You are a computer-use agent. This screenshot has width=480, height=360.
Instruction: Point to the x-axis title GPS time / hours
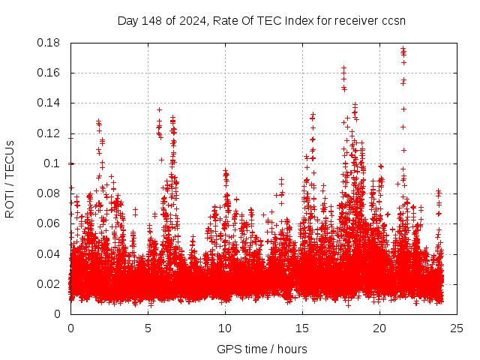coord(262,349)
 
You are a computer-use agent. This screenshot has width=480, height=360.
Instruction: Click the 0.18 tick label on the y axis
coord(49,43)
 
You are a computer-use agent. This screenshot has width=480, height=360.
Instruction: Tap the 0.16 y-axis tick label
coord(49,73)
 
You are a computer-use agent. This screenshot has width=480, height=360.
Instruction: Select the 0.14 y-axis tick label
coord(49,103)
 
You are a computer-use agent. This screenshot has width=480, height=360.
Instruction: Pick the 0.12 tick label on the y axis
coord(49,133)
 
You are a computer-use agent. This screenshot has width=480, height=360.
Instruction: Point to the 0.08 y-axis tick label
coord(49,193)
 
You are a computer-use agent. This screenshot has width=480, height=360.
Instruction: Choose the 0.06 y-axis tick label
coord(49,223)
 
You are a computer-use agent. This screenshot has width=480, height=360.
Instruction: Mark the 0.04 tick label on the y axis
coord(49,253)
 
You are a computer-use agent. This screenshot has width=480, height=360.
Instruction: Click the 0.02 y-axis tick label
coord(49,283)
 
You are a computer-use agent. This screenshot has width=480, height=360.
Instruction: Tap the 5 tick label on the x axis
coord(148,328)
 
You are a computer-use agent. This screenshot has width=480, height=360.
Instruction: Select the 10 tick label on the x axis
coord(225,328)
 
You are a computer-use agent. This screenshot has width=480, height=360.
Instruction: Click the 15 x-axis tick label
coord(302,328)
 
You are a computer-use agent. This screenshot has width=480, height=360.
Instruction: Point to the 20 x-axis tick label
coord(379,328)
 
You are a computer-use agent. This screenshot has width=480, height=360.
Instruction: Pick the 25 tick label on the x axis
coord(457,328)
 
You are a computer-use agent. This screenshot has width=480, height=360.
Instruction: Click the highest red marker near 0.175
coord(403,49)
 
